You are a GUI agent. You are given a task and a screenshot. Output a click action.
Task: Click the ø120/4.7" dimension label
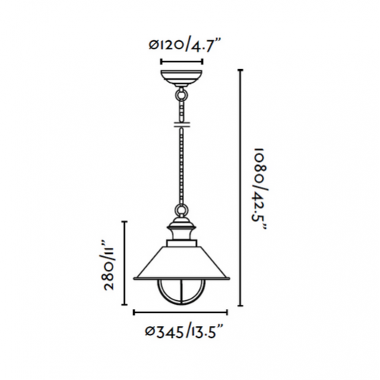pos(182,44)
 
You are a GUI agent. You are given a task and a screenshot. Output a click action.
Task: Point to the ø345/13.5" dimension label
pos(182,331)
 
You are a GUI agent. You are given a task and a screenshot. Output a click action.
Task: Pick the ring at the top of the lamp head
pos(182,215)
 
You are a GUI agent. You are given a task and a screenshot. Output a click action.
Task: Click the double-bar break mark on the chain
pos(182,125)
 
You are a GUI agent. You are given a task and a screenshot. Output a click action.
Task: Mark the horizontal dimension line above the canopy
pos(182,60)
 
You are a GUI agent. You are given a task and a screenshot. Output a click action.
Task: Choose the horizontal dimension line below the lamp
pos(182,312)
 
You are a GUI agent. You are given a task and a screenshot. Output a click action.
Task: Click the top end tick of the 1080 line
pos(242,70)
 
